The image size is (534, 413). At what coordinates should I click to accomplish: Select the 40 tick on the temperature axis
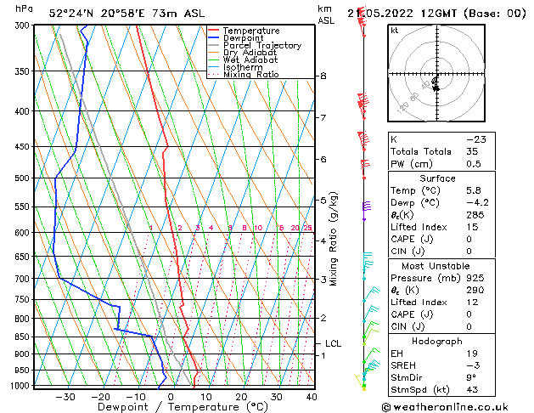point(312,397)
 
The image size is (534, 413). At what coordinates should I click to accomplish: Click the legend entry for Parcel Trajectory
point(261,45)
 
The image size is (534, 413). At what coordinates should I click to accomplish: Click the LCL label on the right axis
point(334,343)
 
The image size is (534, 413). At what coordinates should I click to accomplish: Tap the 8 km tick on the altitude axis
point(323,76)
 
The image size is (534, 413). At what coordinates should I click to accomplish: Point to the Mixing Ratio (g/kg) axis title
point(334,239)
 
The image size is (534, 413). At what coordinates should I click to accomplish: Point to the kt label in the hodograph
point(395,31)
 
